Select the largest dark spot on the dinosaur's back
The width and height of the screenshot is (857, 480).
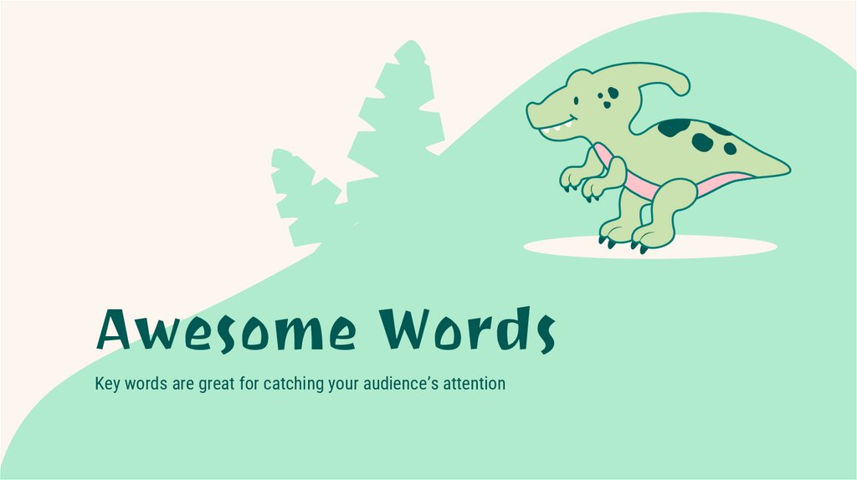674,127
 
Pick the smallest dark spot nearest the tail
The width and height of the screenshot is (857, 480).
730,148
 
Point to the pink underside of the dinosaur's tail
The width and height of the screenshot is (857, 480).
720,181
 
